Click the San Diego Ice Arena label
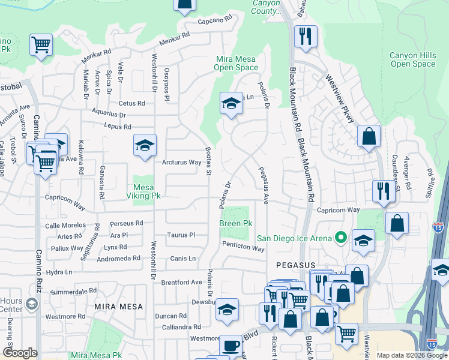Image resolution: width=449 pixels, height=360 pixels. [295, 238]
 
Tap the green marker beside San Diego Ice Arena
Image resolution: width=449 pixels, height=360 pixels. [340, 238]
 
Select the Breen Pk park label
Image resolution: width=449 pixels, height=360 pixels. [235, 223]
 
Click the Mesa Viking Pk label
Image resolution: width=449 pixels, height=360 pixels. [143, 191]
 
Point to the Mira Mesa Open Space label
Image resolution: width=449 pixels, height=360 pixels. [237, 63]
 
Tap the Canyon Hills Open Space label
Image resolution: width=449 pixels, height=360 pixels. [412, 59]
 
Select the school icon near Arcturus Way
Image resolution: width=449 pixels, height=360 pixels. [144, 146]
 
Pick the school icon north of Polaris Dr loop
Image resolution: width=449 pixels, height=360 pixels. [231, 104]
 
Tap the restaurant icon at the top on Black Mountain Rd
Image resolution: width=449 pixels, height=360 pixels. [306, 36]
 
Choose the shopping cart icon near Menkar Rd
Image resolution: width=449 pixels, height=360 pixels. [41, 44]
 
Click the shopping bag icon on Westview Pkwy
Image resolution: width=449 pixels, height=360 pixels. [369, 136]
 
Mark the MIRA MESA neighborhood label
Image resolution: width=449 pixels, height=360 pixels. [118, 306]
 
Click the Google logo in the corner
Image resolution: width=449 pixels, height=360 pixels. [19, 353]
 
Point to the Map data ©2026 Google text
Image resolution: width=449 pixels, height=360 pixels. [412, 355]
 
